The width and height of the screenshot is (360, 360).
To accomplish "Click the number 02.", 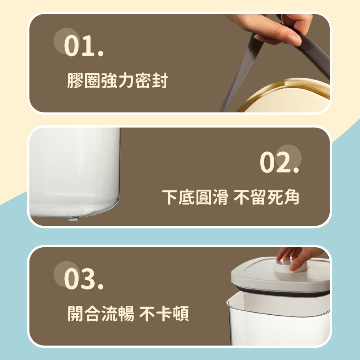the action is click(280, 162).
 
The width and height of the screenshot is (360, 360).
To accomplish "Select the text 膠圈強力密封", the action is click(118, 81).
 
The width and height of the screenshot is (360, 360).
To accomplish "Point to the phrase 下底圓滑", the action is click(195, 197).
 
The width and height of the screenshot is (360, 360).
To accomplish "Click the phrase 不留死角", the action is click(266, 197).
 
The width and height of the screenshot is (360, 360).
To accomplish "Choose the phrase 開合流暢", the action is click(101, 314).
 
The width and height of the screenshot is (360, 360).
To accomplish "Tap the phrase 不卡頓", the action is click(164, 314).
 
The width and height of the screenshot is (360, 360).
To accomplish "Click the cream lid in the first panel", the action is click(287, 96).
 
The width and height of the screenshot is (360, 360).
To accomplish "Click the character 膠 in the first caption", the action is click(76, 81).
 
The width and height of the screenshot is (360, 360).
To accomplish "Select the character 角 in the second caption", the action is click(291, 197).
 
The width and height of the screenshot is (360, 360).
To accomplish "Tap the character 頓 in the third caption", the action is click(181, 314).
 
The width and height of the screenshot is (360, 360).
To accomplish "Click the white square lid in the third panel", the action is click(280, 273).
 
